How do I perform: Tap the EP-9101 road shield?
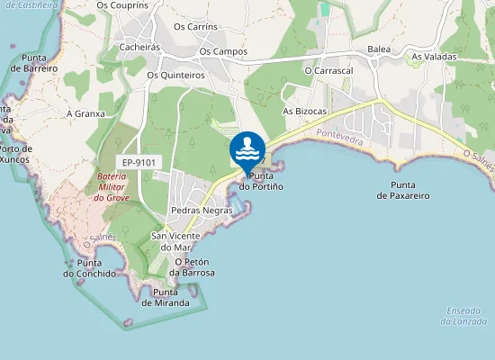pos(139,162)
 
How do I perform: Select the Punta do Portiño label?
pos(261,181)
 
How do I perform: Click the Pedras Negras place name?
pos(202,211)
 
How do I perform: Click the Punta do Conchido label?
pos(89,267)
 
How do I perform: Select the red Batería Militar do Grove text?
pos(113,186)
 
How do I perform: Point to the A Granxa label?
pos(85,114)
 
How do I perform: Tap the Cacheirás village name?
pos(139,47)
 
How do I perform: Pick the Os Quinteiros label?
pos(175,76)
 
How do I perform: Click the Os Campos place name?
pos(223,51)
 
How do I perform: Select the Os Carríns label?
pos(195,27)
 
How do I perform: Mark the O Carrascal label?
pos(328,69)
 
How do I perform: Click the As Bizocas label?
pos(304,111)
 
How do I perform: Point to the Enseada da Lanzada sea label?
pos(465,316)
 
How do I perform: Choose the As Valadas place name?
pos(434,57)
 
